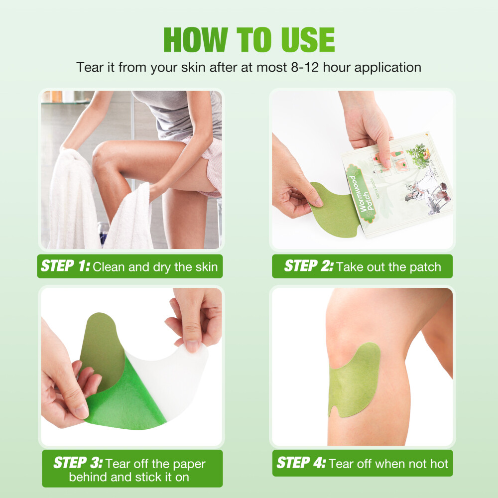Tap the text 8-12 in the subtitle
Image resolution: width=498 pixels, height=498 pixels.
point(301,67)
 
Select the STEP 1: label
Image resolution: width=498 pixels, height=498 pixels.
point(65,266)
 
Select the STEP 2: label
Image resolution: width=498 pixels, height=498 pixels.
point(308,266)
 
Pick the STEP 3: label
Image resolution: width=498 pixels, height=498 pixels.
point(78,464)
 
